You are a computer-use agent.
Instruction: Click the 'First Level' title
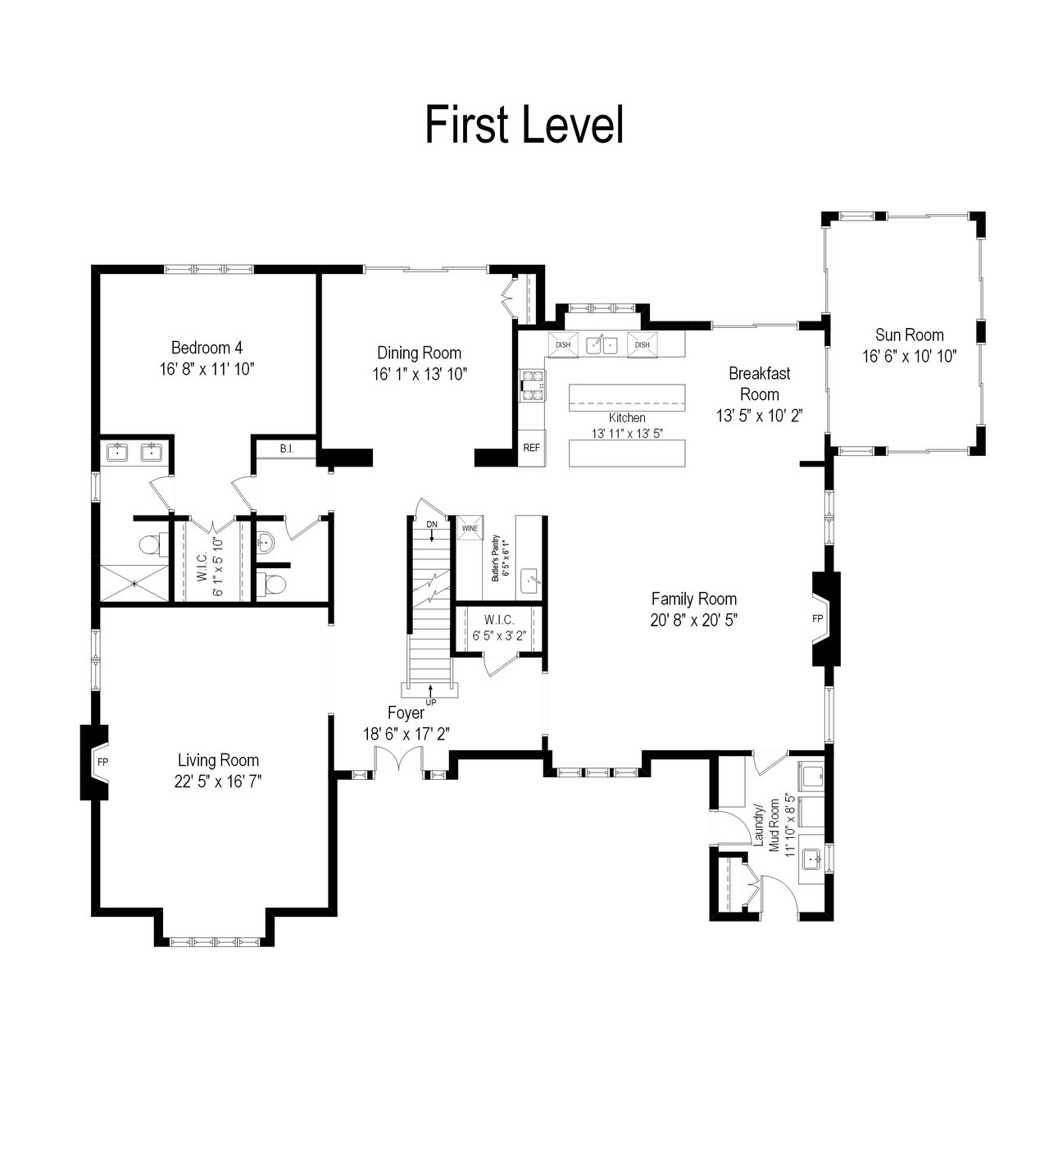click(x=524, y=125)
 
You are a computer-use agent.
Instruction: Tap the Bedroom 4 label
click(x=207, y=348)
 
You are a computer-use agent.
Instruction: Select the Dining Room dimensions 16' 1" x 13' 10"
click(x=420, y=374)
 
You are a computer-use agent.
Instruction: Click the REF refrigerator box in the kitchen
click(x=531, y=448)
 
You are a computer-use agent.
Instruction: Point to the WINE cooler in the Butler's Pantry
click(x=470, y=528)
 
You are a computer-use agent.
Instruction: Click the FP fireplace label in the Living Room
click(x=103, y=762)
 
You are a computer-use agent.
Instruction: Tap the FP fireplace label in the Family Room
click(x=818, y=619)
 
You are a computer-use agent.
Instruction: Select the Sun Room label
click(x=910, y=335)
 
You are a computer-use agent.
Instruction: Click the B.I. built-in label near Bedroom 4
click(x=287, y=449)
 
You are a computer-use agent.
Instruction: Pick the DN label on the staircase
click(x=432, y=524)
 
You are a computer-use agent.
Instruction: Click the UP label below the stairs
click(x=430, y=702)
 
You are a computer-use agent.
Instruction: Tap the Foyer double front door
click(x=398, y=758)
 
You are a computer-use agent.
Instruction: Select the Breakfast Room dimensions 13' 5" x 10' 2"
click(x=760, y=416)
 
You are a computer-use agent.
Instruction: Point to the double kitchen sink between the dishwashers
click(x=602, y=344)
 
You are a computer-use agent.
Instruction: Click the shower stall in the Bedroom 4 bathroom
click(x=135, y=583)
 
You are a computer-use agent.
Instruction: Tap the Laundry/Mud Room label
click(x=766, y=827)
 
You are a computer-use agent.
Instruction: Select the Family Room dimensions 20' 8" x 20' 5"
click(x=694, y=620)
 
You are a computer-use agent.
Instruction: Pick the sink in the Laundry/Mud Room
click(x=811, y=859)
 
